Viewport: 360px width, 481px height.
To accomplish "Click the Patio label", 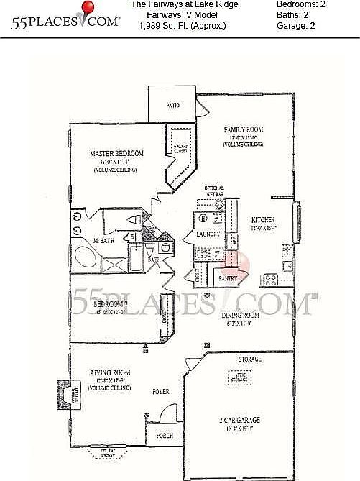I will pyautogui.click(x=172, y=105).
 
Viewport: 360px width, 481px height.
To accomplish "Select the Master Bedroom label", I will pyautogui.click(x=116, y=153).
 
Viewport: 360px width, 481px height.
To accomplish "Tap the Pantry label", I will pyautogui.click(x=229, y=276).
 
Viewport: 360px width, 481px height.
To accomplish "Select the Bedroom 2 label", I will pyautogui.click(x=111, y=303).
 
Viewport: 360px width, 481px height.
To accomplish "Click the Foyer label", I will pyautogui.click(x=160, y=393).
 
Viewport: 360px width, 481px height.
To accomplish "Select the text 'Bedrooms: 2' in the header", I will pyautogui.click(x=300, y=4).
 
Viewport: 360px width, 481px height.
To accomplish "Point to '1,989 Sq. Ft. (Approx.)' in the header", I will pyautogui.click(x=182, y=26).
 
